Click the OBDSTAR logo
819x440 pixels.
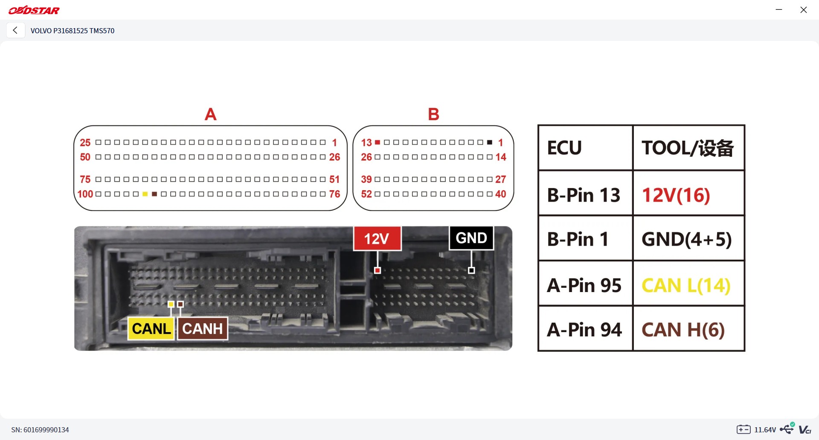[x=34, y=10]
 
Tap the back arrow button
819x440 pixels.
[x=15, y=30]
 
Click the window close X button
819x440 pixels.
[x=804, y=10]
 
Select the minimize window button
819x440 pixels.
[x=779, y=10]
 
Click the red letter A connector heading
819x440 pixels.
[x=211, y=114]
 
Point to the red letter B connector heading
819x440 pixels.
[x=433, y=114]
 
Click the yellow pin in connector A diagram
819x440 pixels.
[x=145, y=194]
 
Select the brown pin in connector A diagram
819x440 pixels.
[x=154, y=194]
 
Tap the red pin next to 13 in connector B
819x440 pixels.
[x=378, y=142]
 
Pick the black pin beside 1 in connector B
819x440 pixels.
[x=490, y=142]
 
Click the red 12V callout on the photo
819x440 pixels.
[x=377, y=238]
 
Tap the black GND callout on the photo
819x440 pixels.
[x=471, y=238]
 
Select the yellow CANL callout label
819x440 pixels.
[x=151, y=329]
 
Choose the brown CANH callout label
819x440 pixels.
[x=203, y=329]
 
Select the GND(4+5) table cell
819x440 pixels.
[x=688, y=238]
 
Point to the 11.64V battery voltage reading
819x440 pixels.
[x=765, y=430]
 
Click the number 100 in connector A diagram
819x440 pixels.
[x=85, y=194]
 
